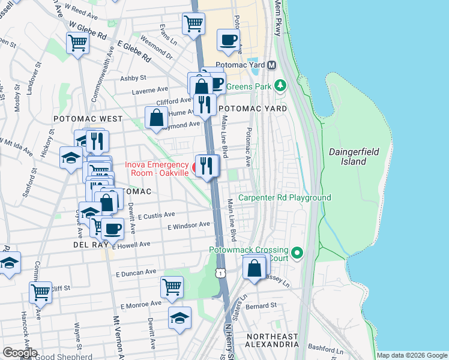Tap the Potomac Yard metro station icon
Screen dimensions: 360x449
[272, 65]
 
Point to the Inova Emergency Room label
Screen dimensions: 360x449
[157, 169]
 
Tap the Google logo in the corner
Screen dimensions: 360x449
[19, 353]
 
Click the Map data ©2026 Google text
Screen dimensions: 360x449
[411, 355]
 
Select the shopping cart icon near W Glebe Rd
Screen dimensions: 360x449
[77, 43]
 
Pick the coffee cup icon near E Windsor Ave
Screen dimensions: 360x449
[112, 228]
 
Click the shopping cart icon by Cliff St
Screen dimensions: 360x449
[40, 292]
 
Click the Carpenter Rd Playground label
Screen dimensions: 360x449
[285, 198]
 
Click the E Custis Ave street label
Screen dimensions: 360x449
[155, 215]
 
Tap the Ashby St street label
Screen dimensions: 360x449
[133, 78]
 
